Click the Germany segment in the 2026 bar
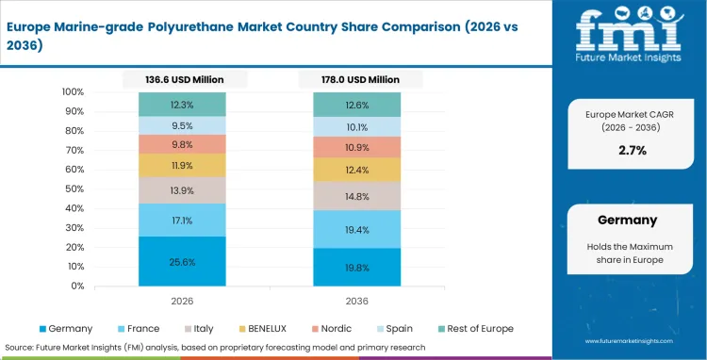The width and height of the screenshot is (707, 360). click(182, 261)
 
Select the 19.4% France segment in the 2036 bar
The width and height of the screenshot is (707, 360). click(357, 229)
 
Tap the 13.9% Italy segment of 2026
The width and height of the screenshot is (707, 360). click(182, 190)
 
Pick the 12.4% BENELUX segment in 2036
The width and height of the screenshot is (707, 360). click(357, 170)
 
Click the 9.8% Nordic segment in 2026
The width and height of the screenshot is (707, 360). click(182, 144)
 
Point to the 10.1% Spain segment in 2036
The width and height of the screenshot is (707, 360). click(357, 127)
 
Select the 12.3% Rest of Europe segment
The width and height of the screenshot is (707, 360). click(182, 105)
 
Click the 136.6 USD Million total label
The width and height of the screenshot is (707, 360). click(186, 79)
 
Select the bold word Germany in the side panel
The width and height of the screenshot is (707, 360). click(627, 220)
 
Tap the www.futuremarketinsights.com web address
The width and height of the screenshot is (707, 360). click(630, 341)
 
